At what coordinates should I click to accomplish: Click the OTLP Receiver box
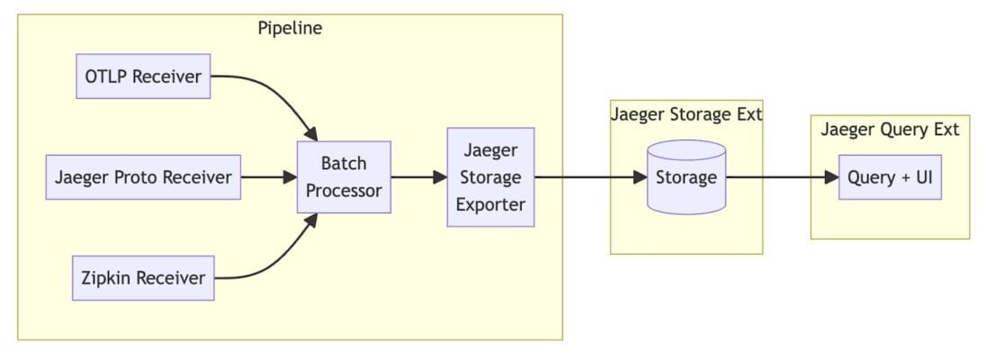[143, 76]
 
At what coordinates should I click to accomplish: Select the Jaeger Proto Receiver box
[144, 177]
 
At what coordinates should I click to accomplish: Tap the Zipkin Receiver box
[144, 278]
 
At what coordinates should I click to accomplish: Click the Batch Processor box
[344, 177]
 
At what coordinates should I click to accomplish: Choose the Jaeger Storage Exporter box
[490, 177]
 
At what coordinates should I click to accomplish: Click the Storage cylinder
[686, 177]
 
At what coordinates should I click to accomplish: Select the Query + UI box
[890, 177]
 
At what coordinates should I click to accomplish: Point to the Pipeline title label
[290, 28]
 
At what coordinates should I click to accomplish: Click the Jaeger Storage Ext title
[686, 114]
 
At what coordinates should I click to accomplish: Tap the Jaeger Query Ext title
[890, 130]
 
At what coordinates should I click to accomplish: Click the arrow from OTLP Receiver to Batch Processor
[279, 94]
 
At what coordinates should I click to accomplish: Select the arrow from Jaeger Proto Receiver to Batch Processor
[270, 177]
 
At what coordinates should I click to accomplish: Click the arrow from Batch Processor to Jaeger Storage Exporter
[418, 177]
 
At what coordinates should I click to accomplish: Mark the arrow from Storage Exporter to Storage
[589, 177]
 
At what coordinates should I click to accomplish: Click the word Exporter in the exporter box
[490, 204]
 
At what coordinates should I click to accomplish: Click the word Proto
[135, 177]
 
